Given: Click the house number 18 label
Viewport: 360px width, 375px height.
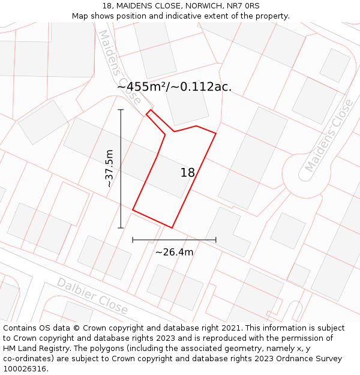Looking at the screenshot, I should point(188,173).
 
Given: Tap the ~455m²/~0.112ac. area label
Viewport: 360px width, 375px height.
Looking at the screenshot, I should point(174,87).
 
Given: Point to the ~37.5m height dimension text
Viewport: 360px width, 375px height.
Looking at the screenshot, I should point(109,169).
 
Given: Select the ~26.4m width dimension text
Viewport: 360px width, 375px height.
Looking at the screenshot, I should point(174,252).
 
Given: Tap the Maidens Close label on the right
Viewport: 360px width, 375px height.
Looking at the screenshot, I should point(329,136).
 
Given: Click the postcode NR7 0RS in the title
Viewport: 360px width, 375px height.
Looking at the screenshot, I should point(244,5).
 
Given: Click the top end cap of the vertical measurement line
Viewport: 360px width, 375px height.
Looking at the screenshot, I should point(121,110).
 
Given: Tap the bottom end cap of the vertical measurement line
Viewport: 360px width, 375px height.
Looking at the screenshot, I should point(121,228).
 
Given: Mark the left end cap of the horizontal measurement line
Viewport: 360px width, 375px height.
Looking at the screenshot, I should point(133,240).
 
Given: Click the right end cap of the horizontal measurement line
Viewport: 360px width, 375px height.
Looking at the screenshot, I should point(216,240).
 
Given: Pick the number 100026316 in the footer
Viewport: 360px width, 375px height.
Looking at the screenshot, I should point(25,369).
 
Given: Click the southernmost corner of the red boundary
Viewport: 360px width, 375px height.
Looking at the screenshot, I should point(172,228).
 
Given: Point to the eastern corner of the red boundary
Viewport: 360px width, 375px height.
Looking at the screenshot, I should point(215,133).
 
